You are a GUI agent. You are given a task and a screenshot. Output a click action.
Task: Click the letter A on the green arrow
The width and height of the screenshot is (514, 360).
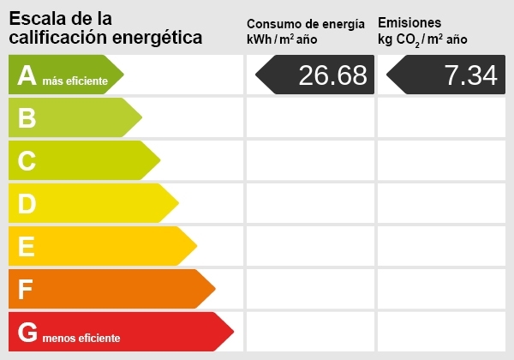tap(27, 76)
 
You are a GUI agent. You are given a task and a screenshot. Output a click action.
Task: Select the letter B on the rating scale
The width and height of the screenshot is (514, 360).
tap(27, 118)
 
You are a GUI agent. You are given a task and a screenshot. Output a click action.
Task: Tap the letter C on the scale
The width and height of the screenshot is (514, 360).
tap(27, 161)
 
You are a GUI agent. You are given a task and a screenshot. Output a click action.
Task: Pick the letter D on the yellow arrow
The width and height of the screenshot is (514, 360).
tap(27, 204)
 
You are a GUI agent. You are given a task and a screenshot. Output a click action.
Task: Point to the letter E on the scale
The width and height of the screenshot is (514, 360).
tap(27, 247)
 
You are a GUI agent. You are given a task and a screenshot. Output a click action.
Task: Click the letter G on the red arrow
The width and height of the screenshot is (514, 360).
tap(28, 333)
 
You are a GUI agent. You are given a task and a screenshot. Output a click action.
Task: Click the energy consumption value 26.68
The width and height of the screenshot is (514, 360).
tap(332, 75)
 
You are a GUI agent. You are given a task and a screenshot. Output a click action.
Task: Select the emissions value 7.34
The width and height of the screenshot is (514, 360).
tap(470, 75)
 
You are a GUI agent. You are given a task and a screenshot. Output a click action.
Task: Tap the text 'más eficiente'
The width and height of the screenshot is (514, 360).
tap(75, 81)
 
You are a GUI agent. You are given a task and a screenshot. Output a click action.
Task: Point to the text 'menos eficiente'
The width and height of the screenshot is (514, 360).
tap(81, 338)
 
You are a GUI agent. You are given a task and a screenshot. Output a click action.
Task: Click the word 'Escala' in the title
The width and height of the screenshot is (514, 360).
tap(37, 18)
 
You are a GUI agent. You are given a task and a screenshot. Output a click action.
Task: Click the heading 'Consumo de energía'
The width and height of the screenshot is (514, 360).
tap(311, 23)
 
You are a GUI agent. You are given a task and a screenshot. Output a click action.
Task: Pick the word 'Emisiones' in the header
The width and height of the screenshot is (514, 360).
tap(409, 22)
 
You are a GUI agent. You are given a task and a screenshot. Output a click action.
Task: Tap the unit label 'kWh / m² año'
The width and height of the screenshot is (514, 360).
tap(282, 39)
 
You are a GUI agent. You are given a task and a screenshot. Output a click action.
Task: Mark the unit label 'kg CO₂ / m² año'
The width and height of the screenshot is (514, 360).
tap(421, 39)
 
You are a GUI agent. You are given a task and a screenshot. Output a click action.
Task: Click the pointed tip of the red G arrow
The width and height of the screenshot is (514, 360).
tap(233, 332)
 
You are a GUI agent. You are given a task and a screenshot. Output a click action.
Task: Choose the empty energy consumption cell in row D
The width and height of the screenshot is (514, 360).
tap(309, 203)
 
